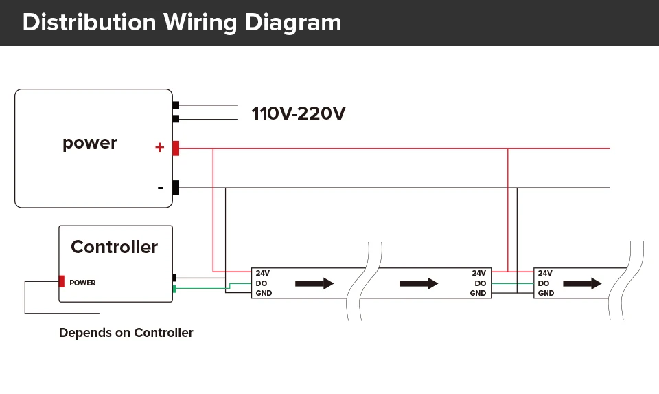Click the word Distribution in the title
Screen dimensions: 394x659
[89, 23]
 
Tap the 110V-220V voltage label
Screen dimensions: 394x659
[298, 113]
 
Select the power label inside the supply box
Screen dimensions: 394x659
[90, 143]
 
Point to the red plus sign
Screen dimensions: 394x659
[159, 148]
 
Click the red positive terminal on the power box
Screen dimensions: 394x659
[176, 148]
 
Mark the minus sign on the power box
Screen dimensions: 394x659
[160, 188]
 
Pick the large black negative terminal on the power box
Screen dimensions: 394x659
[176, 188]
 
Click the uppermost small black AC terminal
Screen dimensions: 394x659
[176, 105]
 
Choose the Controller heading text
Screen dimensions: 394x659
[114, 247]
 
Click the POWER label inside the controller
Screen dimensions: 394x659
[82, 283]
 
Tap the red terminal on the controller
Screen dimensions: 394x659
[62, 281]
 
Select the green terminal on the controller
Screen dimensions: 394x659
[174, 289]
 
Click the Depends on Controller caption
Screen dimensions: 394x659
[126, 333]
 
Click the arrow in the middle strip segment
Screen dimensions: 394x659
[418, 283]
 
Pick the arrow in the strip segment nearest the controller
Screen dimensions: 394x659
[314, 283]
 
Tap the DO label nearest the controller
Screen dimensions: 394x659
[262, 283]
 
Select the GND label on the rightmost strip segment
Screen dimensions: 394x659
[546, 294]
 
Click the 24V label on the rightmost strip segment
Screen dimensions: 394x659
[545, 273]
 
